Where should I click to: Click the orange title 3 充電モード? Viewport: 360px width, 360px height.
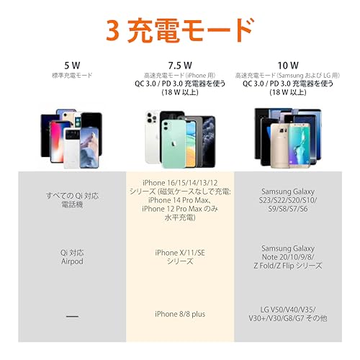click(x=180, y=30)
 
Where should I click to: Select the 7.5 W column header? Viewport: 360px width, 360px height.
click(x=180, y=65)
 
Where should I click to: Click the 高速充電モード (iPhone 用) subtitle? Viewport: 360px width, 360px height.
click(x=180, y=75)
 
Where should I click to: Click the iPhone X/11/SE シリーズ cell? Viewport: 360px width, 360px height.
click(x=180, y=258)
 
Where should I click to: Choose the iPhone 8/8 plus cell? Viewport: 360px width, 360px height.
click(x=180, y=314)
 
